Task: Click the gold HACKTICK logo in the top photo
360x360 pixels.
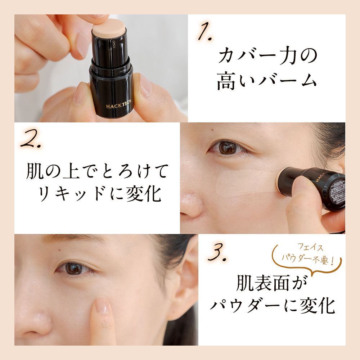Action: (x=119, y=104)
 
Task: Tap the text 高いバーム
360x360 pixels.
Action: (x=267, y=81)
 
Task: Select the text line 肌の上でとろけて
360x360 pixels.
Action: (x=97, y=171)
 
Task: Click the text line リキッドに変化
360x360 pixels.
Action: (x=99, y=194)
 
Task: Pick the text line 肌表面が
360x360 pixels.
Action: (x=272, y=283)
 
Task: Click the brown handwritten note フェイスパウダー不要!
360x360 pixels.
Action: (x=308, y=254)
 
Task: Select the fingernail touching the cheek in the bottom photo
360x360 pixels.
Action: (x=102, y=305)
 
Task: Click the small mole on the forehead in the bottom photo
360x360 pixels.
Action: (x=59, y=249)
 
